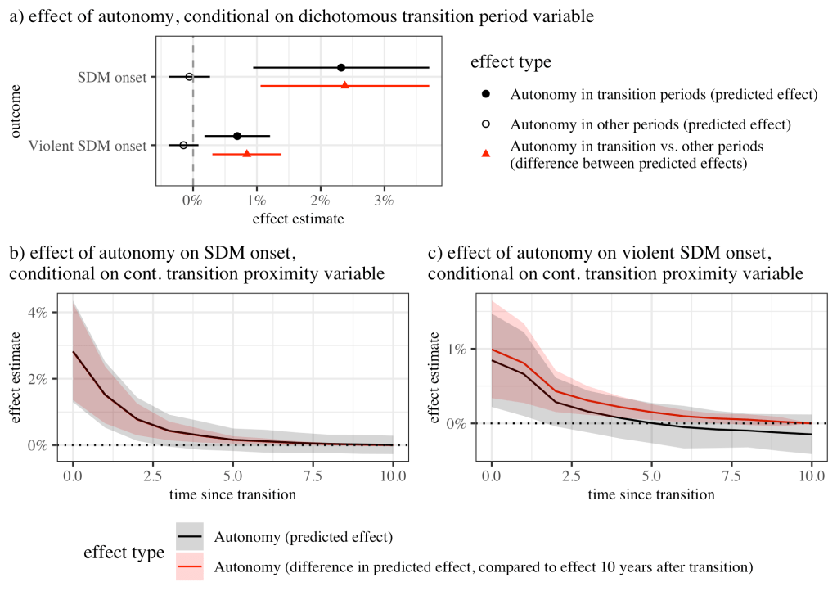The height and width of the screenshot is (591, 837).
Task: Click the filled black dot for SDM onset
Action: click(x=341, y=67)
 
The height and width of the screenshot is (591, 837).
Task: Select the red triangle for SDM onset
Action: click(x=344, y=85)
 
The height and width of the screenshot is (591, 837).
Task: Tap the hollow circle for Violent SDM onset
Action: click(x=183, y=145)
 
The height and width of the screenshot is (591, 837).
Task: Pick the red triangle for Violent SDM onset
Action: click(x=246, y=153)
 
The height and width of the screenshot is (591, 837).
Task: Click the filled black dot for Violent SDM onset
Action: click(x=237, y=136)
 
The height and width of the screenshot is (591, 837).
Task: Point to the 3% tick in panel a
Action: click(x=384, y=201)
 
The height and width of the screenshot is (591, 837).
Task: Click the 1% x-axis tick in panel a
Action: click(x=257, y=201)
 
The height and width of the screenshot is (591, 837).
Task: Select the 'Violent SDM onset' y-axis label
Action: click(x=88, y=146)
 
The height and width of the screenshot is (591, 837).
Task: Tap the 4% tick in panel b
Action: click(x=40, y=312)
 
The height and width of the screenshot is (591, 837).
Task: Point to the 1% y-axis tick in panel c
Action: click(x=456, y=349)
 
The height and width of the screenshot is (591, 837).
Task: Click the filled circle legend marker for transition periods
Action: click(x=486, y=95)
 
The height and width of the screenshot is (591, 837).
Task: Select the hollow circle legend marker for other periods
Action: click(x=486, y=124)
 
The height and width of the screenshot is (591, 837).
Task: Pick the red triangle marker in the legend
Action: click(x=486, y=154)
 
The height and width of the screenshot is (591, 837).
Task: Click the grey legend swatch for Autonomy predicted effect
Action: click(x=189, y=538)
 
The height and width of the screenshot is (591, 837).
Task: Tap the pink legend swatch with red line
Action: click(x=189, y=566)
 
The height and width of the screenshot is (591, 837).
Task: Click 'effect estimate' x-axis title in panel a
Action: click(x=298, y=219)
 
